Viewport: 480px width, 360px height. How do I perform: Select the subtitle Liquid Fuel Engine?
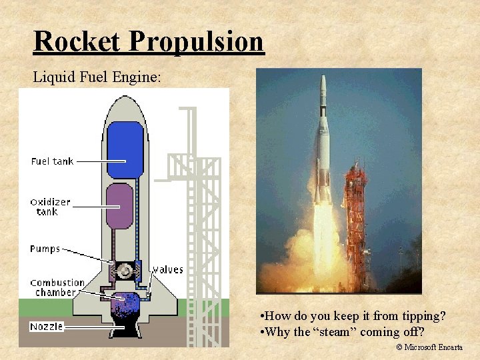pos(97,77)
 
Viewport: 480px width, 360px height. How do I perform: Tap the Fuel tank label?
pos(52,161)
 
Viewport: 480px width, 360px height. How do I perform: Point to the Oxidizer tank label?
pos(51,207)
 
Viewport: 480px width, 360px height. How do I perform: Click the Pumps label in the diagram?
pos(45,249)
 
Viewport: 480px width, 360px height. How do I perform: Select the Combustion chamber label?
pos(57,287)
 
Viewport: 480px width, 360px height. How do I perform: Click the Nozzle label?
pos(47,327)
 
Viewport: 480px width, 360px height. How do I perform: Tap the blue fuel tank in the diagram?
pos(126,149)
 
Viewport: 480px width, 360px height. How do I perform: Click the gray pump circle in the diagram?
pos(125,271)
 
